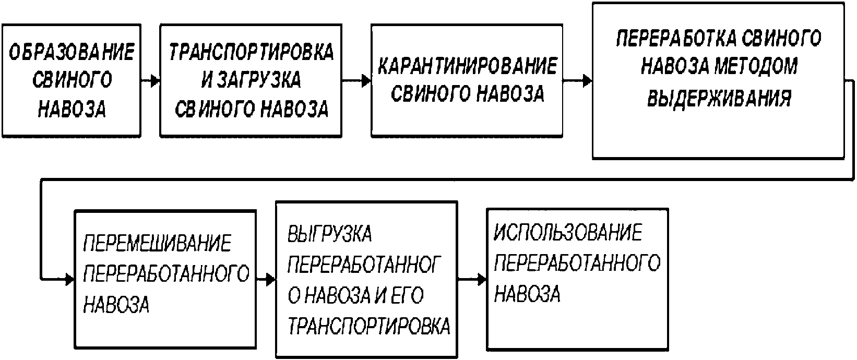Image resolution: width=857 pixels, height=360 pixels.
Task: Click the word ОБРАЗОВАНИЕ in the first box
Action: pos(72,52)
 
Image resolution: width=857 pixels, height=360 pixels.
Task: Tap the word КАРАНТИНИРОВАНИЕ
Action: pos(467,66)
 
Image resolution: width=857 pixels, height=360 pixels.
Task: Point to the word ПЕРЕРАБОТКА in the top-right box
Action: pos(676,38)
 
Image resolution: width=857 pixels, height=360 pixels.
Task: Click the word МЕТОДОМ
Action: pos(756,66)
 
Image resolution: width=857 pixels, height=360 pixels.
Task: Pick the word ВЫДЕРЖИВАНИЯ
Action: pos(719,98)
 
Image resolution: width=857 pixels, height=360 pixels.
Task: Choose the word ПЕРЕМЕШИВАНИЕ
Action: pos(157,243)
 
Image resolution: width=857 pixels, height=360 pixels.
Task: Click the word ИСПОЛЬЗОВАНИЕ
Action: pos(568,232)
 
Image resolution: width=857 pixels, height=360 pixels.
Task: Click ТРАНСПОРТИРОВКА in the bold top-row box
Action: pos(251,52)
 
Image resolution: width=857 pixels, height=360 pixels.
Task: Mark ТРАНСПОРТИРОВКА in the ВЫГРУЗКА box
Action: pos(369,326)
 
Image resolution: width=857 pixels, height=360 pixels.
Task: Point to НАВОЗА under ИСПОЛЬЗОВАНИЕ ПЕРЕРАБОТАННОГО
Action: pos(527,294)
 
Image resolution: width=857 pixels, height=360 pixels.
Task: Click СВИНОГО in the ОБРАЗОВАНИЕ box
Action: pos(72,80)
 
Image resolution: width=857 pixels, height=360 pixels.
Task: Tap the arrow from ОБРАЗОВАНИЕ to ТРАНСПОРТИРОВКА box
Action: pos(150,81)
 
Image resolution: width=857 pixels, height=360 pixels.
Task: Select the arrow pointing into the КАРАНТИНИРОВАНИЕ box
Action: pos(356,81)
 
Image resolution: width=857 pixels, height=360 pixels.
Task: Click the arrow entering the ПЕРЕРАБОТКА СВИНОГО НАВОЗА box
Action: pos(577,81)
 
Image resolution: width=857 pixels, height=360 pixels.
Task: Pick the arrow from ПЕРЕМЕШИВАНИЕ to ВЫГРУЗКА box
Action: pos(266,280)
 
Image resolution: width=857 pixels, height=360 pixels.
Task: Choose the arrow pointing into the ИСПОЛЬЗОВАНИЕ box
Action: pos(472,280)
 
